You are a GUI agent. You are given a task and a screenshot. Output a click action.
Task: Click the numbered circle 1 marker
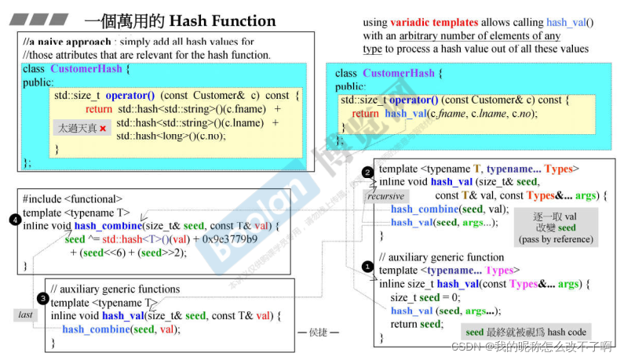367,267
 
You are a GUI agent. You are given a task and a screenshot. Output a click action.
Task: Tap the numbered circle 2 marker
367,172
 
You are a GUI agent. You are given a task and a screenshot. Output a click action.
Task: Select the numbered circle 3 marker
42,298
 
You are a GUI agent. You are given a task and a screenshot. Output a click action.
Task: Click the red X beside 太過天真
102,128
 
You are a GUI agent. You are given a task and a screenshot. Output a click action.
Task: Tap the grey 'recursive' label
385,196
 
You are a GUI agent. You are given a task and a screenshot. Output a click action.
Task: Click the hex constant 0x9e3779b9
229,239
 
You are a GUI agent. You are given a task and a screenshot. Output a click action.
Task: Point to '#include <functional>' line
72,199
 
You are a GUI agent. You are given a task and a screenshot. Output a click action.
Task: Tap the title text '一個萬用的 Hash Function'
180,21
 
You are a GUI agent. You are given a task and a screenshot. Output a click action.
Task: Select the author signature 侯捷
319,333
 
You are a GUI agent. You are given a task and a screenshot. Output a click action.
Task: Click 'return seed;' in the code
416,324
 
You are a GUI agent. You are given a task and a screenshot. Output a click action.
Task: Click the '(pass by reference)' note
556,239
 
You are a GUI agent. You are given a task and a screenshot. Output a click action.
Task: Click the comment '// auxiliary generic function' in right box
441,257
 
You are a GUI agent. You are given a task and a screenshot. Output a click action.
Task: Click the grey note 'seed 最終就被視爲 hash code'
526,332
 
